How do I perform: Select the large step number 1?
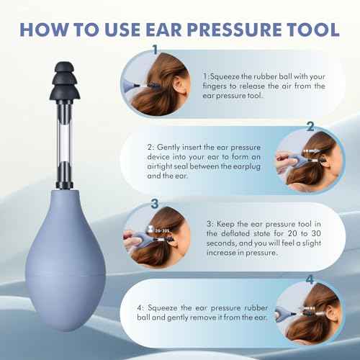[155, 50]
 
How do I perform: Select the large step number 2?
[310, 127]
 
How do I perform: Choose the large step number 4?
[310, 278]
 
